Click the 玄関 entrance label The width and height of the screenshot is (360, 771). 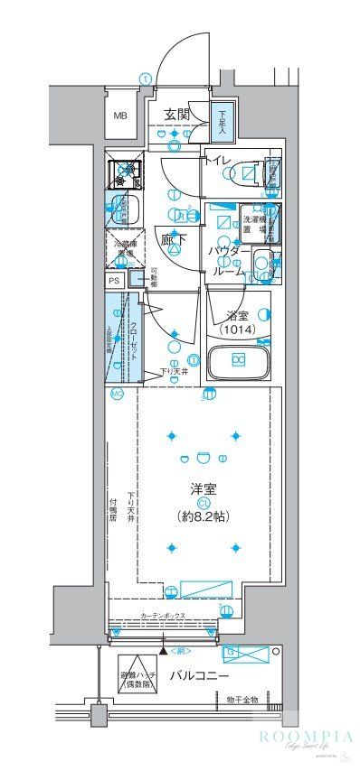[176, 114]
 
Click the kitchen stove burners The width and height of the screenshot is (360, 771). [124, 169]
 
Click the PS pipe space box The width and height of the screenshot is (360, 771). [114, 281]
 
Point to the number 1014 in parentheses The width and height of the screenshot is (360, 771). [238, 330]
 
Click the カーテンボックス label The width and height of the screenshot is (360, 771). [163, 616]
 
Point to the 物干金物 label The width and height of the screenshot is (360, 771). [242, 699]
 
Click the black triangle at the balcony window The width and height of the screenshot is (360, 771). [163, 649]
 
